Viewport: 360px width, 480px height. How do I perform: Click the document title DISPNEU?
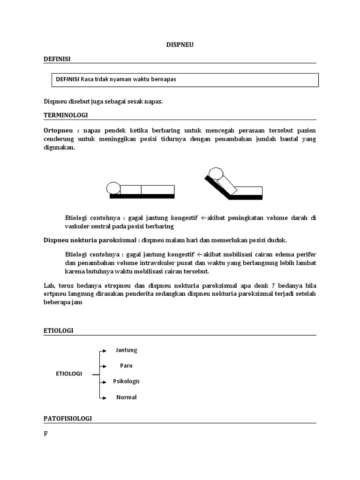180,45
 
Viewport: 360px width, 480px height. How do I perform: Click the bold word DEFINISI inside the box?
68,79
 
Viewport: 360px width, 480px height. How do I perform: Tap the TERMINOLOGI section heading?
65,114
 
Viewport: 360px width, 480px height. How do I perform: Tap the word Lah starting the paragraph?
48,285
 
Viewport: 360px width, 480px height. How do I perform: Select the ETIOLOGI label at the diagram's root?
69,374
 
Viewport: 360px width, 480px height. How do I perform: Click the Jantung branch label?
126,350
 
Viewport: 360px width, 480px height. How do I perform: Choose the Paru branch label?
126,366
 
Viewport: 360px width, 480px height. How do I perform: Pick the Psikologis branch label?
126,381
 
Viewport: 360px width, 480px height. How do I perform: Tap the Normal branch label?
126,397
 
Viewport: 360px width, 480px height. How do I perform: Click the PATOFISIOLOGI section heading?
68,418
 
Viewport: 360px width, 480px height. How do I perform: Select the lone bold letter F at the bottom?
46,434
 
